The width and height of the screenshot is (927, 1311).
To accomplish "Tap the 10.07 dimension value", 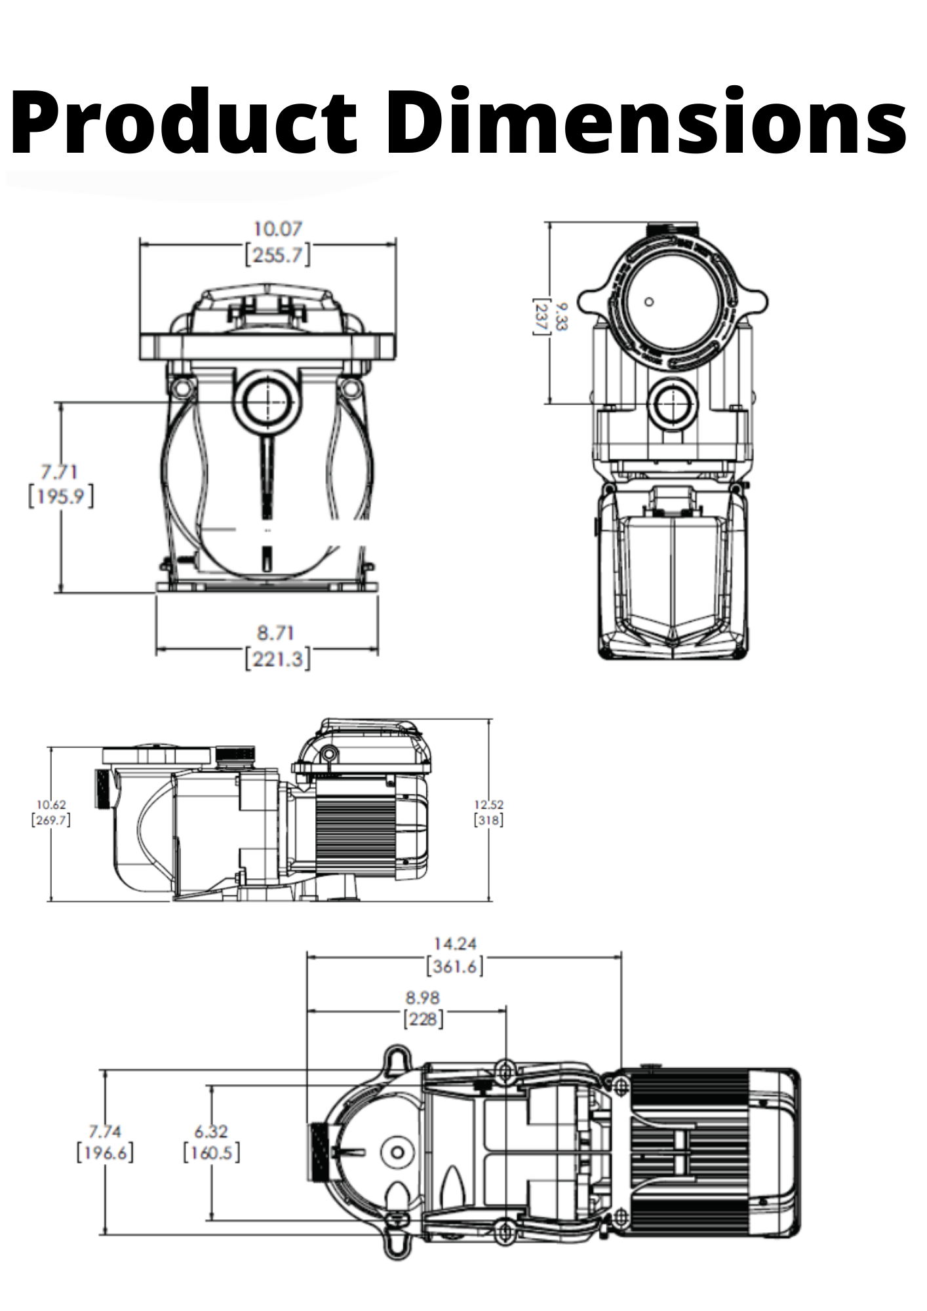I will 277,229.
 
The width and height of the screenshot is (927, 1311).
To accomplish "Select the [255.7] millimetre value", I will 277,254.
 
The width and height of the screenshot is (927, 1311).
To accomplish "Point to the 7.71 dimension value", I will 60,471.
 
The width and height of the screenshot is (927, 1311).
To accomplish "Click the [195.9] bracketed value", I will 60,496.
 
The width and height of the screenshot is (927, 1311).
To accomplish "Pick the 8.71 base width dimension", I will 275,633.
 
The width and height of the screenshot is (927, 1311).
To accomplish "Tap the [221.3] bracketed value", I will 277,658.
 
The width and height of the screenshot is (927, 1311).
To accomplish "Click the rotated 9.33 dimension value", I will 562,317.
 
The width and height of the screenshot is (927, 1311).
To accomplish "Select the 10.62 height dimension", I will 51,804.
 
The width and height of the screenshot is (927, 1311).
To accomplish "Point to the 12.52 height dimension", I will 489,804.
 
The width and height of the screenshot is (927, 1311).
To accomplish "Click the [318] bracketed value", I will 489,819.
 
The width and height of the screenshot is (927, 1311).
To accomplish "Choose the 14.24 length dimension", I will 455,943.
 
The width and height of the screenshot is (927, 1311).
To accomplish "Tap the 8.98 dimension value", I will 422,998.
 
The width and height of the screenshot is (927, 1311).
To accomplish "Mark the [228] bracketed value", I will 423,1020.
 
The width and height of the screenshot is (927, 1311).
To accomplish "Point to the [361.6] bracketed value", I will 455,966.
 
